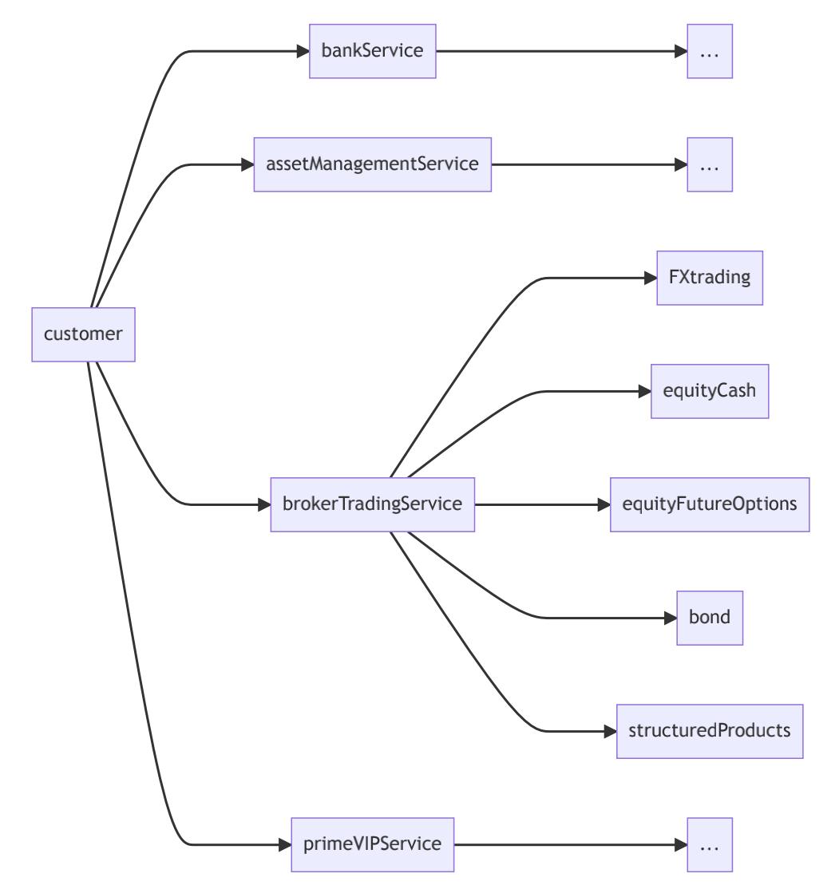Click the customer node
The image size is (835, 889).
83,334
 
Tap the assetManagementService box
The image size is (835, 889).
372,164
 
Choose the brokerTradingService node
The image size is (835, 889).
373,504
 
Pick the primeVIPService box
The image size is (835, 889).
373,844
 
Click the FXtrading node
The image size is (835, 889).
710,278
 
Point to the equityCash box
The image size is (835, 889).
710,391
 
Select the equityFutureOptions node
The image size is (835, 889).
710,504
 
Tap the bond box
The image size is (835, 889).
710,618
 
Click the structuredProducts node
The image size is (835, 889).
710,731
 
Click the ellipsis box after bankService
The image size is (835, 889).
710,52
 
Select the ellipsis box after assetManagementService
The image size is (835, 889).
710,164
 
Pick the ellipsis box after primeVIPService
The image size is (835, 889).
710,844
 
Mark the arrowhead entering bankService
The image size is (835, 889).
303,52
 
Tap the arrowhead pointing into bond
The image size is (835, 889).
671,618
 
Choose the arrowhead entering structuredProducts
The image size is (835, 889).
610,731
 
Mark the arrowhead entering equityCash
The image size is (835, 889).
644,391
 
